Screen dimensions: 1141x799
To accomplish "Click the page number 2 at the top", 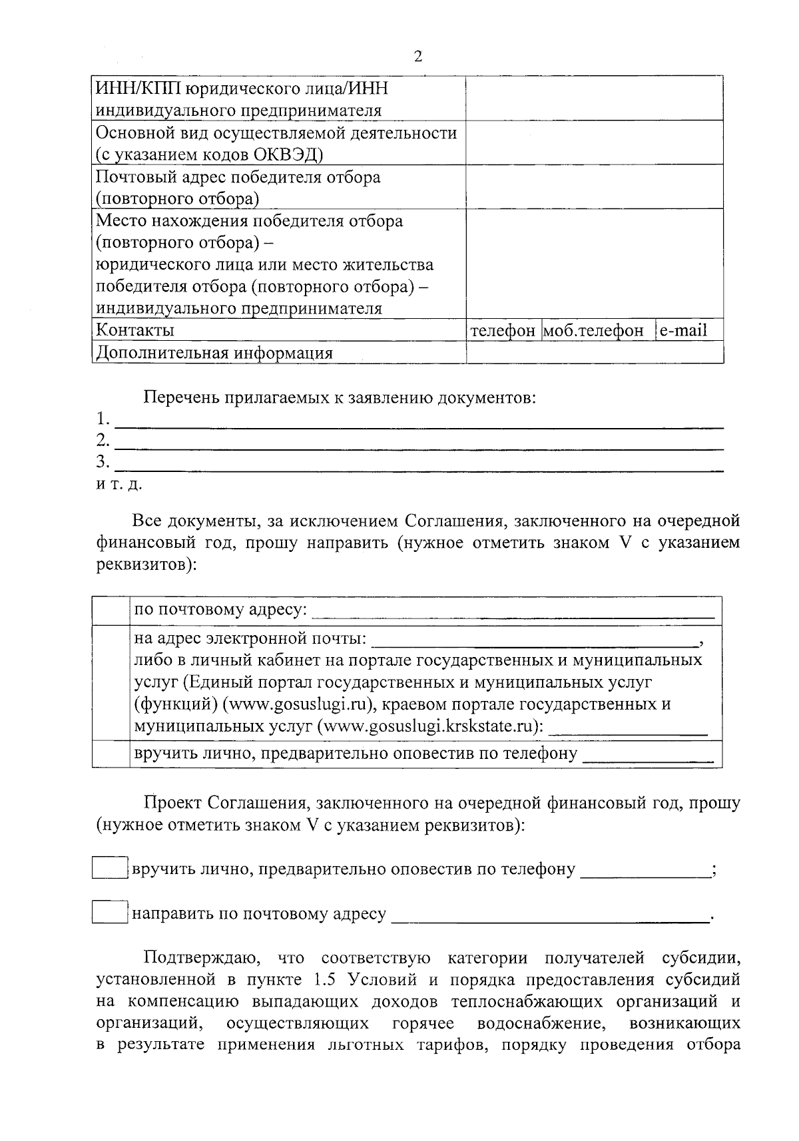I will (x=417, y=57).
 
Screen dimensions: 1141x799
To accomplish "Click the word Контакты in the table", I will (x=136, y=330).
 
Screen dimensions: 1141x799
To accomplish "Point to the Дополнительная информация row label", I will (x=214, y=353).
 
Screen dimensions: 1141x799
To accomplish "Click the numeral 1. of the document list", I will (x=103, y=419).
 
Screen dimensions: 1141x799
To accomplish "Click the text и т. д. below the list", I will (x=119, y=484).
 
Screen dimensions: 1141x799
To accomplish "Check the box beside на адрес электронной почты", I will (x=111, y=682).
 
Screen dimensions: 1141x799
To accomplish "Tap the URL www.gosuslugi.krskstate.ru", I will (x=430, y=726).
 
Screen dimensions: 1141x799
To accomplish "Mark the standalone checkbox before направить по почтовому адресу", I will (x=110, y=913).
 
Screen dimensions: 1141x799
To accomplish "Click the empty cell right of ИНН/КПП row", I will (x=595, y=99).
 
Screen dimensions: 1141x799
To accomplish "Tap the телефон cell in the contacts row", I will (x=503, y=330).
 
